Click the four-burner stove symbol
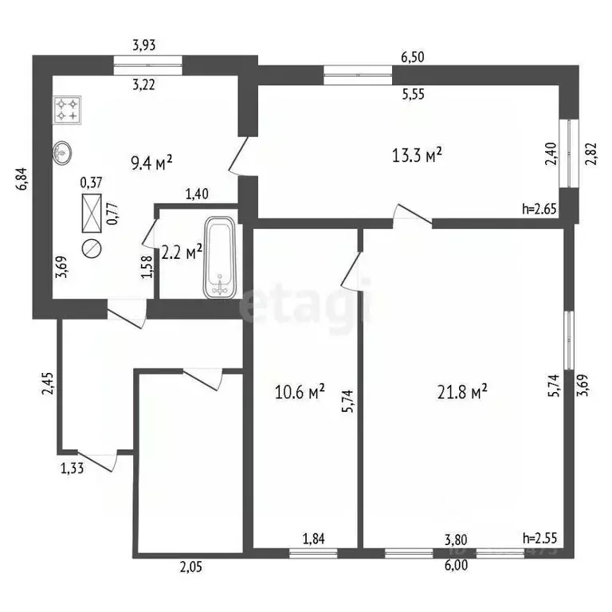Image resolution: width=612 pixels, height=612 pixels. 66,110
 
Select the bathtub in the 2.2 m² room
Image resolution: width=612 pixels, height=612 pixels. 220,258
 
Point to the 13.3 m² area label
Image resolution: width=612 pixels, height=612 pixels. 418,155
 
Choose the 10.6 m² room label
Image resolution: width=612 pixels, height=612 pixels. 299,392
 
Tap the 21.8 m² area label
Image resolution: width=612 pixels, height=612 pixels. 463,392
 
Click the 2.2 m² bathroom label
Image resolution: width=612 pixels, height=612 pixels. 182,253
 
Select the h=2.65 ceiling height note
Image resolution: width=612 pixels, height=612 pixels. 538,210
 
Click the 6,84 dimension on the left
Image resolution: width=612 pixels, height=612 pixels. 22,178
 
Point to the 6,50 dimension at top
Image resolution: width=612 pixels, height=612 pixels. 413,57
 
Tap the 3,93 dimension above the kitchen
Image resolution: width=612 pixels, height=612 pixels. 143,45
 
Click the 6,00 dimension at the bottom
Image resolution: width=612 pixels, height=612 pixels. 456,566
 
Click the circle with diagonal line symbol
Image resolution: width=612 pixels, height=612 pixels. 92,248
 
